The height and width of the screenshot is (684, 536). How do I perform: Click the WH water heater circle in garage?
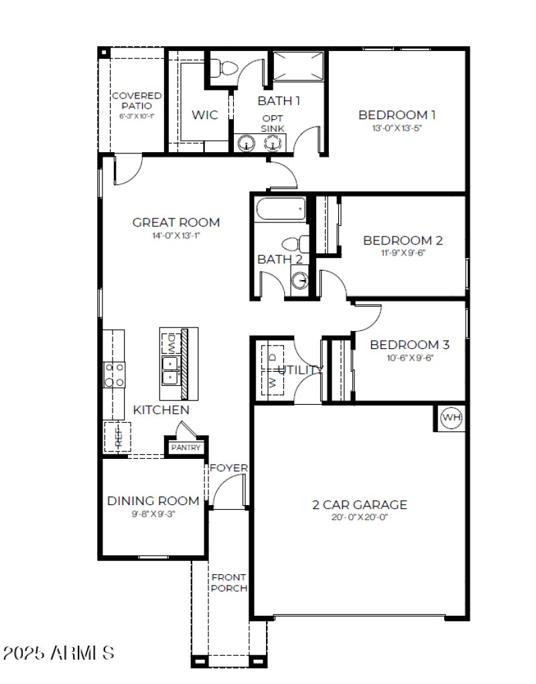pos(452,418)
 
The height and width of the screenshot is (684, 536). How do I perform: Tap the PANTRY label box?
pos(186,447)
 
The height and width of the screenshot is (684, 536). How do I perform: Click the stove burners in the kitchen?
pos(115,374)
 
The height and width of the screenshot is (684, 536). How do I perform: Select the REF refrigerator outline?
pos(117,437)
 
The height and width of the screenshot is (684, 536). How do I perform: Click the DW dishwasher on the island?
pos(170,342)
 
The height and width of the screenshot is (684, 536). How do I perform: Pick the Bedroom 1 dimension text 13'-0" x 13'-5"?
pos(397,127)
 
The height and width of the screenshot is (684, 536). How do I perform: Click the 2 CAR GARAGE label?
pos(359,504)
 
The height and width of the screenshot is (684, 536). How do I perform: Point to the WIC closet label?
pos(204,115)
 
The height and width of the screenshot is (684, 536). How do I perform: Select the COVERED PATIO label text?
pos(136,100)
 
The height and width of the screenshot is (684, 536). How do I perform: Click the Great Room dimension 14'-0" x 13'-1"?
pos(176,236)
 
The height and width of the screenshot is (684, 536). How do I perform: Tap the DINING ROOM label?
pos(153,500)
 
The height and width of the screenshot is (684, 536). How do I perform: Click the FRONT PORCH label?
pos(228,582)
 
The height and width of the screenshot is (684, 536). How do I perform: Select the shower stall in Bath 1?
pos(298,66)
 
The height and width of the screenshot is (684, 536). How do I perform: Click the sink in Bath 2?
pos(300,279)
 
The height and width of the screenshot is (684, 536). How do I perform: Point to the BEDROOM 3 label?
pos(409,345)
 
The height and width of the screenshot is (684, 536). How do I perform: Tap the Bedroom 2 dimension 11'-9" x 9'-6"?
pos(403,253)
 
